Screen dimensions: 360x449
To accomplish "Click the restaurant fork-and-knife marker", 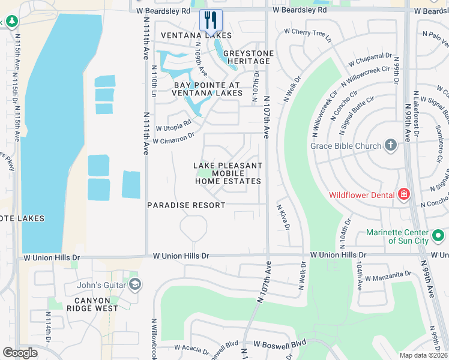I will [211, 20].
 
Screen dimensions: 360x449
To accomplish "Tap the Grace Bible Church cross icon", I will [391, 145].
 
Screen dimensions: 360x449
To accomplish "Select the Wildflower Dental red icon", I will [404, 194].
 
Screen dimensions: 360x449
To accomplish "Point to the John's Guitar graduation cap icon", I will [134, 284].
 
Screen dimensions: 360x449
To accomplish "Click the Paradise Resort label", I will [187, 205].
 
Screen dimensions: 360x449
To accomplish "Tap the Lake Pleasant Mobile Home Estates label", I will [228, 173].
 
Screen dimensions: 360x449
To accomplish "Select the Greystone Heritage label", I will [248, 57].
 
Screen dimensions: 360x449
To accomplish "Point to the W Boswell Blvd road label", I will [280, 344].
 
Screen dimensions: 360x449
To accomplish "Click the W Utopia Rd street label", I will [173, 125].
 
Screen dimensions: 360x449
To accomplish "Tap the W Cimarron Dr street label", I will [174, 139].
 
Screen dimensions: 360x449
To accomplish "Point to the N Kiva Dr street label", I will [283, 217].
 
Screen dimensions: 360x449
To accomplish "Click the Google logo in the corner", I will [20, 353].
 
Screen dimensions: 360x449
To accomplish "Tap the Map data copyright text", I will [424, 355].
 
